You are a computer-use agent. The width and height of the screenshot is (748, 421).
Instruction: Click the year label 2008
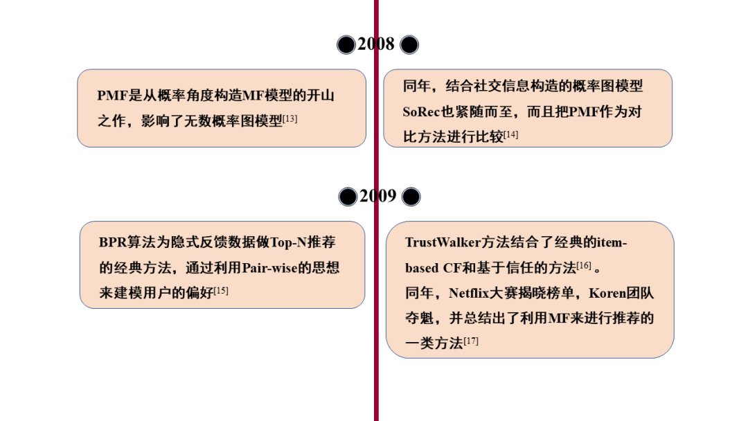376,44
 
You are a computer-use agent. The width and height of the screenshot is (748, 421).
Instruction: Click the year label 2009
378,196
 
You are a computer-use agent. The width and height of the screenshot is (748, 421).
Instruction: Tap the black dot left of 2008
346,45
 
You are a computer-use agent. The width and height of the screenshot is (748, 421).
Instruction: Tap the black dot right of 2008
409,45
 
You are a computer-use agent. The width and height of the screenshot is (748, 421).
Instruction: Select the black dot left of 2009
348,197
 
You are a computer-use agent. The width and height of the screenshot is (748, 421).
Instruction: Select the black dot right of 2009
411,197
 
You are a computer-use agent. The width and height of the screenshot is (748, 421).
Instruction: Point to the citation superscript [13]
290,118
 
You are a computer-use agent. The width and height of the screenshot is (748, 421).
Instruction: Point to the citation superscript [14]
510,134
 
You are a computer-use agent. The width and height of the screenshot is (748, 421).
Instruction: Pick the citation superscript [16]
583,265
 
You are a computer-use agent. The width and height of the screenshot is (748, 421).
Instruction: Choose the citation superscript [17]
470,341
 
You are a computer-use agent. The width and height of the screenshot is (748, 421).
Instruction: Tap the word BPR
113,242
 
